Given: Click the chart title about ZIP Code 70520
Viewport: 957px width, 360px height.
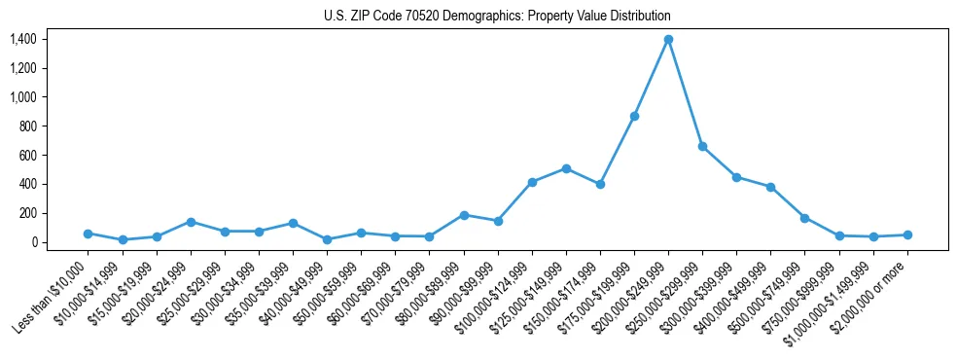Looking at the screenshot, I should pos(497,16).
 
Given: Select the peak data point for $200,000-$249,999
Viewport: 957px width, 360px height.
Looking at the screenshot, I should pos(668,39).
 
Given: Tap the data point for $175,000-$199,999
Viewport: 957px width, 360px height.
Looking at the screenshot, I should pos(634,116).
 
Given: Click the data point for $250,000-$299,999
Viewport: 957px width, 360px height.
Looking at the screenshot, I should pos(702,146).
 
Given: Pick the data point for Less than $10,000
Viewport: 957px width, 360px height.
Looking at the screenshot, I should pos(88,234).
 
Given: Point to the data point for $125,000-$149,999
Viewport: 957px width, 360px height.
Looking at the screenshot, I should pos(566,168).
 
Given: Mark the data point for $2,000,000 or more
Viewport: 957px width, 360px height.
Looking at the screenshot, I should pos(907,234).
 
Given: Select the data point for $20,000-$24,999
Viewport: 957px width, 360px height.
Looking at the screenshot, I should pos(191,222).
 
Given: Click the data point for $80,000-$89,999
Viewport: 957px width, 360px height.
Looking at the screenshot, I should pos(464,215).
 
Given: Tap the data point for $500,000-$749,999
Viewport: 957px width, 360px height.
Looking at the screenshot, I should pos(804,218).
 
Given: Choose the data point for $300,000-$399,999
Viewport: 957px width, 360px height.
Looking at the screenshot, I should pos(736,177).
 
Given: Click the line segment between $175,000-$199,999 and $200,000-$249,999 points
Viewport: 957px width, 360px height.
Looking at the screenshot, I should pos(652,77).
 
